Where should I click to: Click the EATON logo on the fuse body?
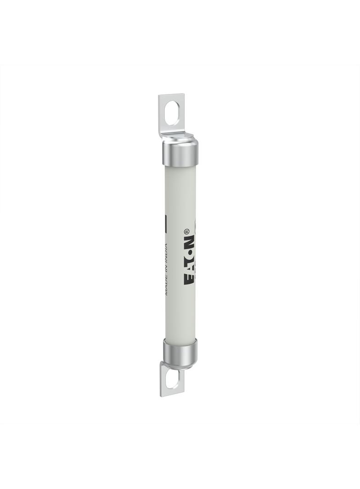pyautogui.click(x=190, y=260)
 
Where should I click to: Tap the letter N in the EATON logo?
pyautogui.click(x=190, y=242)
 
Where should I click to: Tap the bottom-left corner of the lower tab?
pyautogui.click(x=161, y=396)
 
